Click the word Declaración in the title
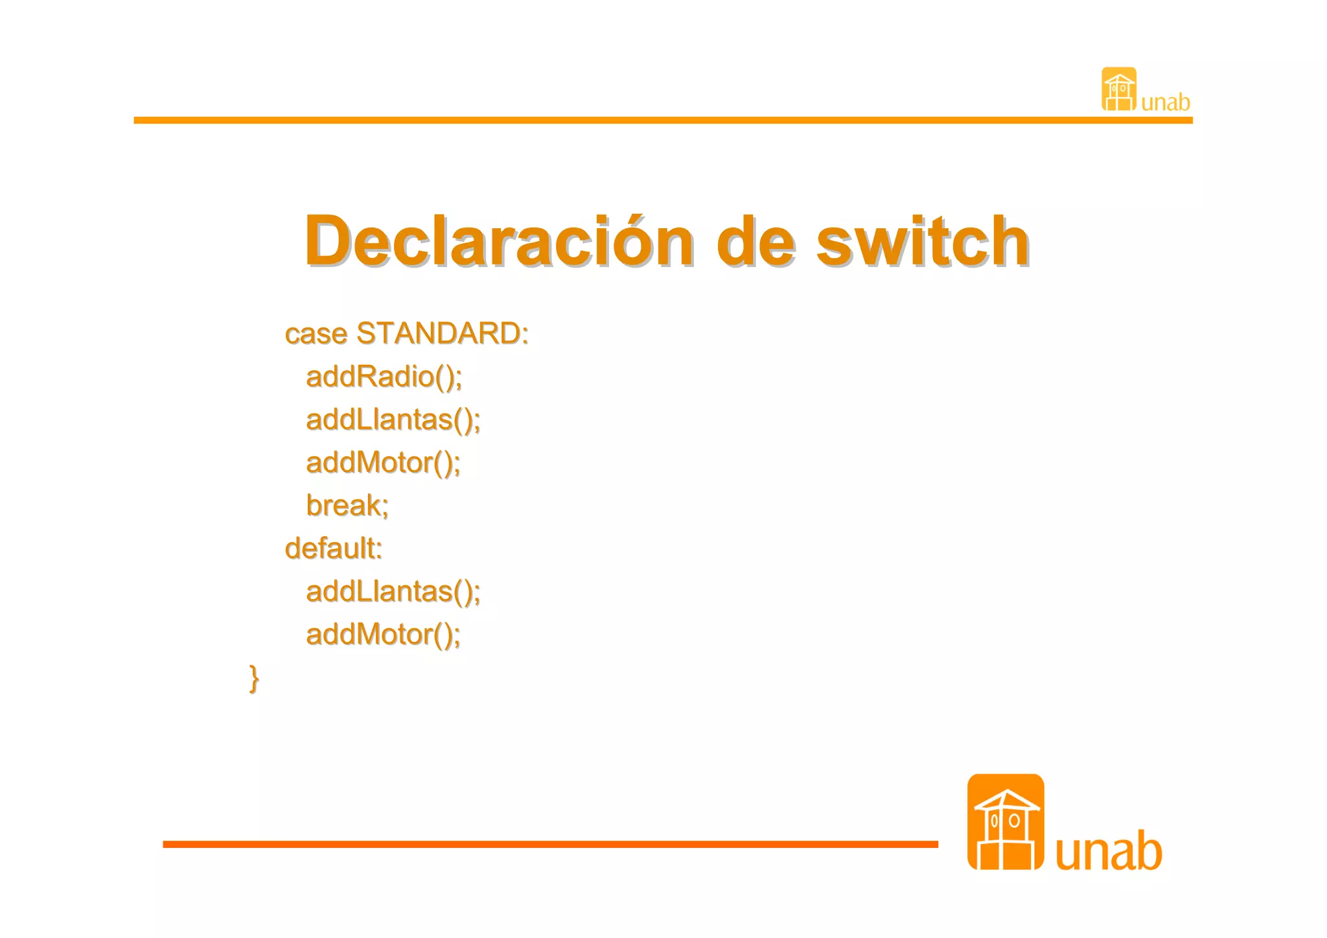click(x=499, y=241)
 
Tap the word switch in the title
click(x=922, y=241)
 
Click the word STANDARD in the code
click(x=442, y=334)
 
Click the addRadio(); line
click(x=384, y=377)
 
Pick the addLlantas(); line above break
click(x=393, y=420)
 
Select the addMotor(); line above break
click(x=383, y=463)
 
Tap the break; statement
click(x=347, y=506)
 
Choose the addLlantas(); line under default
click(x=393, y=592)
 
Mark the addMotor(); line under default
click(x=383, y=635)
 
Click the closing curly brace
click(x=254, y=679)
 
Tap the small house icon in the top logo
click(x=1119, y=89)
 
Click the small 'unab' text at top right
click(x=1166, y=102)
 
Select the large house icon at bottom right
click(x=1006, y=822)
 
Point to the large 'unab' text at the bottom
click(x=1109, y=851)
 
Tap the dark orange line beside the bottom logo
click(x=550, y=844)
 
